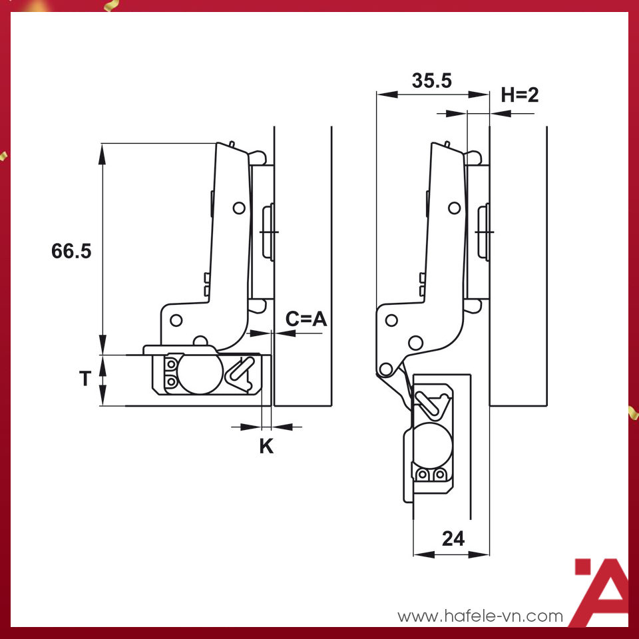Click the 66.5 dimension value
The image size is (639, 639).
coord(71,251)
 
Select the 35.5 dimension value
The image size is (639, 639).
coord(431,81)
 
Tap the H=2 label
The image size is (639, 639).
coord(520,95)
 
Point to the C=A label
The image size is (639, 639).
coord(307,319)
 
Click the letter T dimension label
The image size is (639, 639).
coord(85,379)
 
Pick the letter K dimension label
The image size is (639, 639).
coord(266,447)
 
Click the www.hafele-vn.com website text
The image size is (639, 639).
coord(480,616)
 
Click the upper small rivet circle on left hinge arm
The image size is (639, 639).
coord(238,208)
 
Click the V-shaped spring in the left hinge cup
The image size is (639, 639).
coord(242,373)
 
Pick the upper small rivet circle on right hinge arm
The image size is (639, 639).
coord(454,208)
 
